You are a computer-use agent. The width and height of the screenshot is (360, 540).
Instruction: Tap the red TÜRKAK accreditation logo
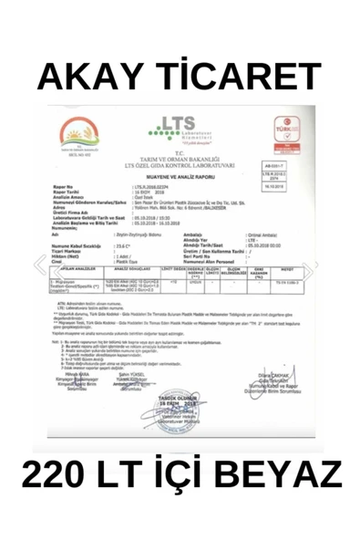click(292, 137)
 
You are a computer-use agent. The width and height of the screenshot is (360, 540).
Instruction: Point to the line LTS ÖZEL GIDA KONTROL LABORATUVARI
click(180, 168)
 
